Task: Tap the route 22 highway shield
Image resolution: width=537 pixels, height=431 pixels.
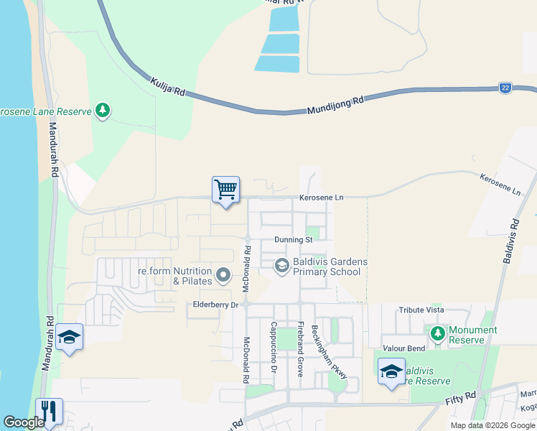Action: coord(505,88)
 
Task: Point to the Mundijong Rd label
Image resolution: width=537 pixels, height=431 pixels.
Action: coord(335,105)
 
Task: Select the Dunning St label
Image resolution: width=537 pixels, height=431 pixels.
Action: coord(293,240)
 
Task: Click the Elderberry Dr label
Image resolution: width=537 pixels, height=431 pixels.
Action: coord(216,305)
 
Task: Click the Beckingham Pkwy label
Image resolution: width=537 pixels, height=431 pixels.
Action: coord(330,352)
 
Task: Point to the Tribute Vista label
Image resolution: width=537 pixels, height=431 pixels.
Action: coord(421,309)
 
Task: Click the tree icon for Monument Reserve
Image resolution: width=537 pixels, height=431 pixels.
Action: coord(436,333)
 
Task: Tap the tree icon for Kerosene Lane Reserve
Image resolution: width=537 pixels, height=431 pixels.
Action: coord(103,111)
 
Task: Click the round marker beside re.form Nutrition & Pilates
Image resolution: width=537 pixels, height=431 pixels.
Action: coord(223,275)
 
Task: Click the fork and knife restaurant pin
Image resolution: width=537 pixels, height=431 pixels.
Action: coord(49,411)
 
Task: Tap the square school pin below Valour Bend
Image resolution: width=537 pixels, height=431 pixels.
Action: coord(391,371)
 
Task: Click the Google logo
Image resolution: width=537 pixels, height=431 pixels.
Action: coord(24,422)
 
